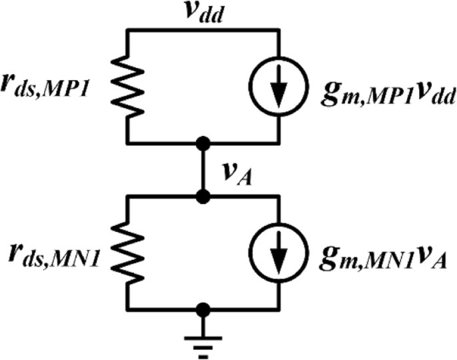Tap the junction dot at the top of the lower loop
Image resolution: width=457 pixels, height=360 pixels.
pos(203,197)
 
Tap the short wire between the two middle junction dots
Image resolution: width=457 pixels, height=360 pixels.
pos(203,170)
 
